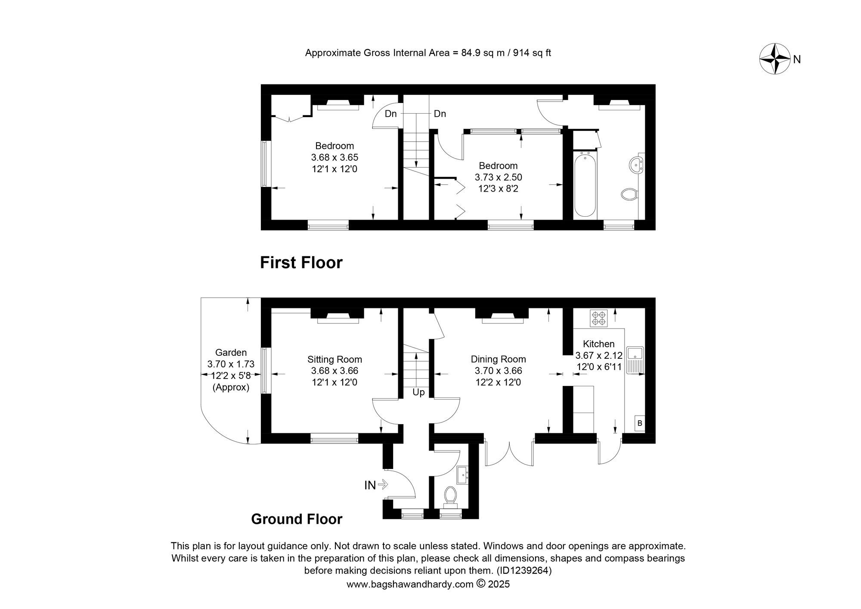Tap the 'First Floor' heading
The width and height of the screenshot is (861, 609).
(301, 263)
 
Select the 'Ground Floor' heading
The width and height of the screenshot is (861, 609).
(297, 519)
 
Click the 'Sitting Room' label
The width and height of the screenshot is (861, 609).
(334, 359)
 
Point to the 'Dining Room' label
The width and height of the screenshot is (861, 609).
(498, 359)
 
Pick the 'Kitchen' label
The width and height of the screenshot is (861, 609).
(598, 344)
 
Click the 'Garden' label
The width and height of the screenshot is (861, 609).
(231, 353)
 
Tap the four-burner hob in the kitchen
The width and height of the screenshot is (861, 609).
(599, 318)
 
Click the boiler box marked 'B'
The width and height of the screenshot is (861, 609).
(640, 423)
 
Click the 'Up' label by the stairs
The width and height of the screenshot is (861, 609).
(418, 392)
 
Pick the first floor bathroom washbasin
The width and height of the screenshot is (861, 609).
(636, 165)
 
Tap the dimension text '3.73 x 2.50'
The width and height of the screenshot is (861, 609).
(498, 177)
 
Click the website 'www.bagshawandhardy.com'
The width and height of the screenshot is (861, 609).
(409, 584)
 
